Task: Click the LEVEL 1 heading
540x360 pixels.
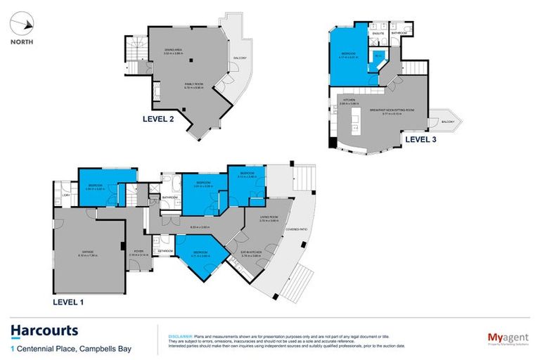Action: (x=74, y=302)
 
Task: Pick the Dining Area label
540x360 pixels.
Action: (x=174, y=50)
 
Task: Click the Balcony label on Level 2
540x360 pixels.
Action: (x=239, y=59)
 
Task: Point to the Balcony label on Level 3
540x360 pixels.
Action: (x=449, y=122)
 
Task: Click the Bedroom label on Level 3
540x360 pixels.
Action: (x=349, y=54)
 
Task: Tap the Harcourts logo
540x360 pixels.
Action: (x=44, y=330)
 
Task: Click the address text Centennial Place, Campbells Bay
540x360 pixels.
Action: (x=75, y=348)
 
